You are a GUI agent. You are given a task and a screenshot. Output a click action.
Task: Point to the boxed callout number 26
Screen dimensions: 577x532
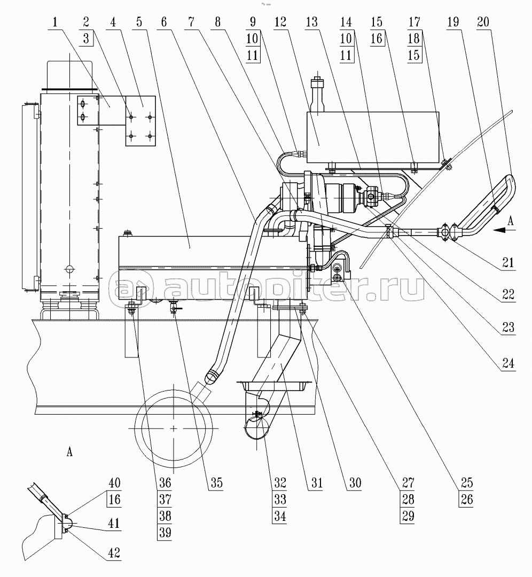pyautogui.click(x=466, y=501)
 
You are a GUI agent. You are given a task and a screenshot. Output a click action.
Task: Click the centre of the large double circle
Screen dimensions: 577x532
pyautogui.click(x=175, y=428)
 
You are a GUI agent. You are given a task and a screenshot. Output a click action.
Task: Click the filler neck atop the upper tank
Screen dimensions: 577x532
pyautogui.click(x=318, y=93)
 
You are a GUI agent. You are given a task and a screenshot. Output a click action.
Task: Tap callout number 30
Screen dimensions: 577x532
pyautogui.click(x=354, y=484)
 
